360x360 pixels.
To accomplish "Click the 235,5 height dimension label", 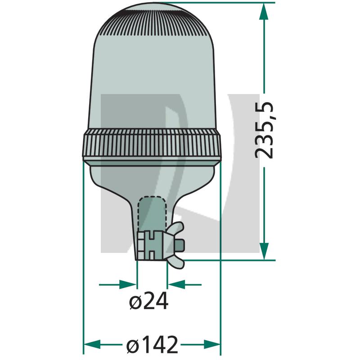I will pos(265,130).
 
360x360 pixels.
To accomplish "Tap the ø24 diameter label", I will pos(148,301).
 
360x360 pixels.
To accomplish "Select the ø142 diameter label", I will pos(152,345).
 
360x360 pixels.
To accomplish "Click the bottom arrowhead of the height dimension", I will pos(264,250).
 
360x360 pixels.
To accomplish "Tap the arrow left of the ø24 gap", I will pos(128,284).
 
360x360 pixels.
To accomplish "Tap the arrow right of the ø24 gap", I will pos(175,284).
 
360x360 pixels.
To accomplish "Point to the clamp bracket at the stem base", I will pos(150,246).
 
